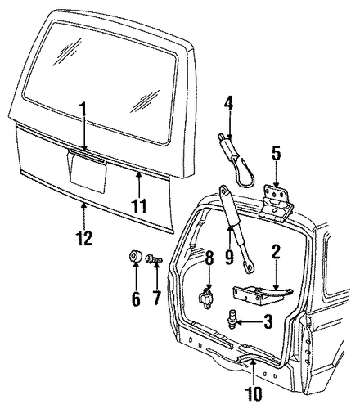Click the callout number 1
(83, 111)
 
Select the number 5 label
(276, 154)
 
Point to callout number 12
(84, 238)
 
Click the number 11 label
(139, 205)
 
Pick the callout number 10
(254, 393)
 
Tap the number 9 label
(230, 256)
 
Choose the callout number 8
(209, 258)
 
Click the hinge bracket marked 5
(276, 202)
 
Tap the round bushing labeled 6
(136, 256)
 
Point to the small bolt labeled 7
(155, 258)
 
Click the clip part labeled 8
(206, 299)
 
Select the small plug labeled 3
(232, 319)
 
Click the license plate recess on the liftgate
(87, 172)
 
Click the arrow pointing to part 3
(249, 321)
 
